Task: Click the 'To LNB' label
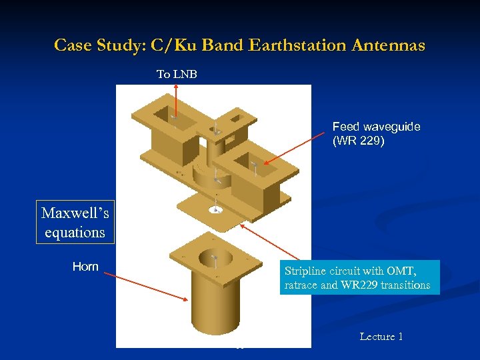[177, 74]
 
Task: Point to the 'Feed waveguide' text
[376, 127]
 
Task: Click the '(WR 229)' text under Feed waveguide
[358, 141]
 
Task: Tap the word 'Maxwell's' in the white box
[75, 213]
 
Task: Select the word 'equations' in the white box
[75, 232]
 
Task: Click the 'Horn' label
[85, 267]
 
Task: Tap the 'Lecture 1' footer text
[381, 337]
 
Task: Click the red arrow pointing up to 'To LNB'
[175, 100]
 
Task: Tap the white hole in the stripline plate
[215, 210]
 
